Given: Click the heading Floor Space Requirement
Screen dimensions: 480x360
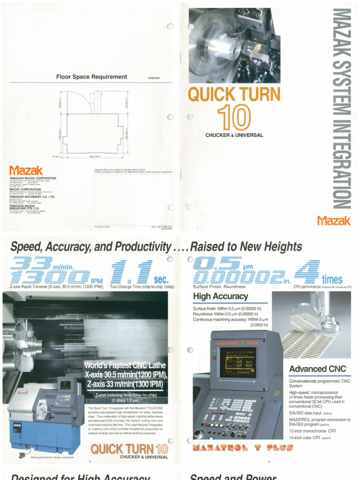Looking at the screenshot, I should point(91,77).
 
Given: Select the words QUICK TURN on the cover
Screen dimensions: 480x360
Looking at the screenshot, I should point(234,95).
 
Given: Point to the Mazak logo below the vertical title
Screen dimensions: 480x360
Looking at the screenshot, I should point(334,220).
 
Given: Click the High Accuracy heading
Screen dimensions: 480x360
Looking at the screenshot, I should point(220,296).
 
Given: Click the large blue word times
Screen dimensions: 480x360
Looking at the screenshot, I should point(332,280).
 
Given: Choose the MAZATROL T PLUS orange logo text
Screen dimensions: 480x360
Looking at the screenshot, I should point(243,448).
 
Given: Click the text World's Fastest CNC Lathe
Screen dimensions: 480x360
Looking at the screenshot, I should point(125,365).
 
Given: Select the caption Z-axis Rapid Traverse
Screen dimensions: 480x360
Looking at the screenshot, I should point(56,286).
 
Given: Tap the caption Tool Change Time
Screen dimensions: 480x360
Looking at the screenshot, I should point(142,286).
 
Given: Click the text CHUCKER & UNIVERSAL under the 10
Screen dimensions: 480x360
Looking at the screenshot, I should point(234,135).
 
